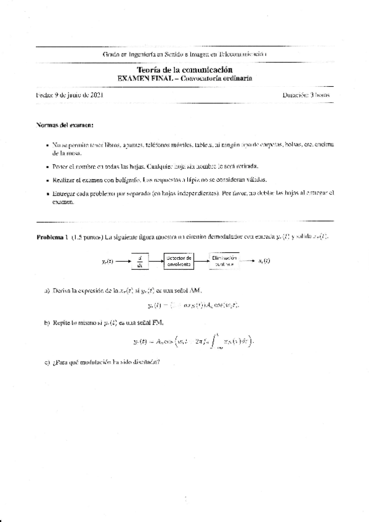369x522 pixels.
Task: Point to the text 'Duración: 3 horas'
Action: coord(307,95)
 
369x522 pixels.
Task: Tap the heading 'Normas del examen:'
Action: coord(65,125)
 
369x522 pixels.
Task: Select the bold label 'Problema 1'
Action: coord(51,237)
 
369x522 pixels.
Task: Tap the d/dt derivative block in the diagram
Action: coord(140,261)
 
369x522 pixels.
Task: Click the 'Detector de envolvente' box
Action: coord(179,261)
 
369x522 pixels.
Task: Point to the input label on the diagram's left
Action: coord(108,262)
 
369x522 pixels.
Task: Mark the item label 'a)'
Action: coord(47,289)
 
